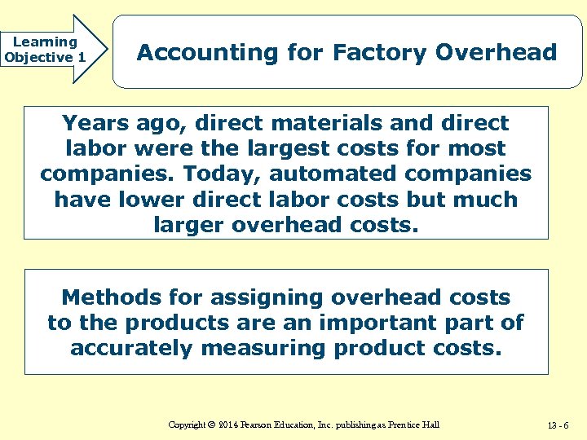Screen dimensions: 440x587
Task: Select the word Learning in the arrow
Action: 45,42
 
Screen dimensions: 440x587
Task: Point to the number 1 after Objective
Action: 82,57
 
